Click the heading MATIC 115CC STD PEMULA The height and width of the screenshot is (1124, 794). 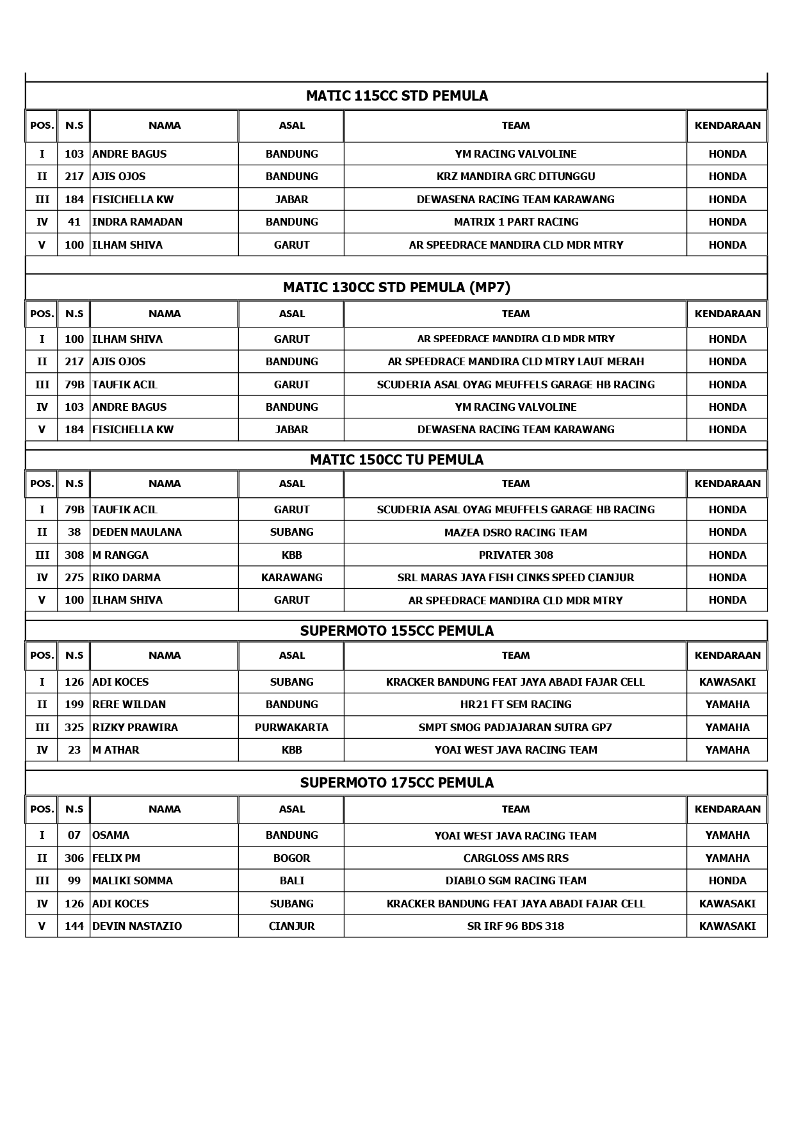(396, 96)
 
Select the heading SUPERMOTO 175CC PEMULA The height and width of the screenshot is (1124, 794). (396, 783)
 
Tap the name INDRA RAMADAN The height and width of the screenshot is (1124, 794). (137, 222)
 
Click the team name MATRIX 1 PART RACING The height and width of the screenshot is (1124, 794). (515, 222)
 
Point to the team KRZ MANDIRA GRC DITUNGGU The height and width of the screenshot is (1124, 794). (515, 177)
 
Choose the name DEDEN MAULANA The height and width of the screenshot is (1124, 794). (136, 533)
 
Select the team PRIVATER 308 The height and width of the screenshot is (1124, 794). (515, 556)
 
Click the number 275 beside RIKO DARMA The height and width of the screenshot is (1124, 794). (74, 578)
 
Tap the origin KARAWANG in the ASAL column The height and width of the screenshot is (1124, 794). (291, 578)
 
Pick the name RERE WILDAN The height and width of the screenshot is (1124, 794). (129, 705)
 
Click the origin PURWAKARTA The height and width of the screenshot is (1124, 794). (291, 728)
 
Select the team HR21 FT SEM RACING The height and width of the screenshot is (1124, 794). (515, 705)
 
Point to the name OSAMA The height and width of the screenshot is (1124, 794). (111, 836)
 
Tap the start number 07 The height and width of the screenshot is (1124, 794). (74, 836)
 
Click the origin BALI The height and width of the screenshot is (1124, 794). (291, 881)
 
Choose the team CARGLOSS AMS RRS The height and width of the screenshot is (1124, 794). (515, 859)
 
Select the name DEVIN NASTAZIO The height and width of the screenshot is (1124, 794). (136, 927)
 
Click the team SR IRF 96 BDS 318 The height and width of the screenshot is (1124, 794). (515, 927)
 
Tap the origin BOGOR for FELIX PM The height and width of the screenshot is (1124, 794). (291, 859)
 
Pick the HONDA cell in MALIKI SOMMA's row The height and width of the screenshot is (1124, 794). (727, 881)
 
